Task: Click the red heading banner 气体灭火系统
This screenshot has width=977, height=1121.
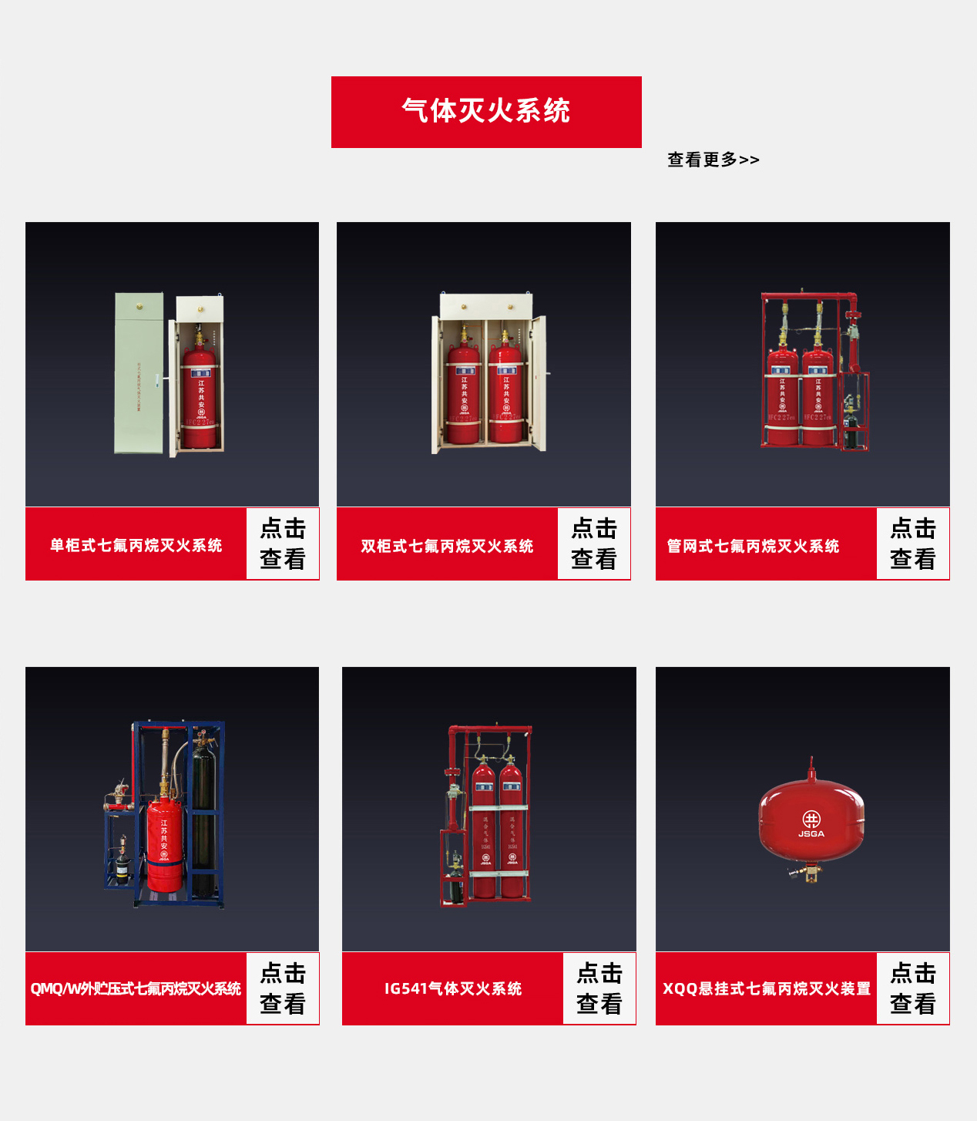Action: (486, 112)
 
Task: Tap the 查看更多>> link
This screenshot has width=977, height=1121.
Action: (713, 160)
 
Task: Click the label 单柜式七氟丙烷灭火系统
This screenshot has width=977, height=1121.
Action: (136, 545)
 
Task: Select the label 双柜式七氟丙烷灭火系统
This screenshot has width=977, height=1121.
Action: (447, 546)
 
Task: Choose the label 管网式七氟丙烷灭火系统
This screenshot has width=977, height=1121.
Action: (753, 546)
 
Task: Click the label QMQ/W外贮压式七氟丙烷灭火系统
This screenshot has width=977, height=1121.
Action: (136, 988)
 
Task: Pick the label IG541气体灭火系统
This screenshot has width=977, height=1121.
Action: (452, 988)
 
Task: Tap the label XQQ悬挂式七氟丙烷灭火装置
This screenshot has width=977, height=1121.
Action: (766, 988)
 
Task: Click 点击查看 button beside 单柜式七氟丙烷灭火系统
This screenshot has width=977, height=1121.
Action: (283, 544)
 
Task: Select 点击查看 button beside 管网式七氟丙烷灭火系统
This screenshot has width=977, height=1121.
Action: (912, 544)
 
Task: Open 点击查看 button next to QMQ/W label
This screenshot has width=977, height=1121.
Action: (283, 988)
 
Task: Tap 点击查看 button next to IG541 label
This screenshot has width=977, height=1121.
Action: (599, 988)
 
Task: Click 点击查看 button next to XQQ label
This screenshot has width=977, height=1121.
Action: (912, 988)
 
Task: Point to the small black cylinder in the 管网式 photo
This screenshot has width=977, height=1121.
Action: (851, 428)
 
